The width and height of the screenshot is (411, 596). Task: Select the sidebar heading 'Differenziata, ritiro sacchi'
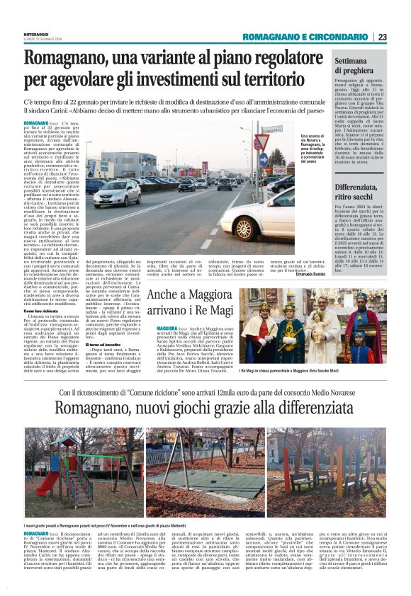click(360, 192)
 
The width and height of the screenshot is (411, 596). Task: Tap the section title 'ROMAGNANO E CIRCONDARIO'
click(305, 37)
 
